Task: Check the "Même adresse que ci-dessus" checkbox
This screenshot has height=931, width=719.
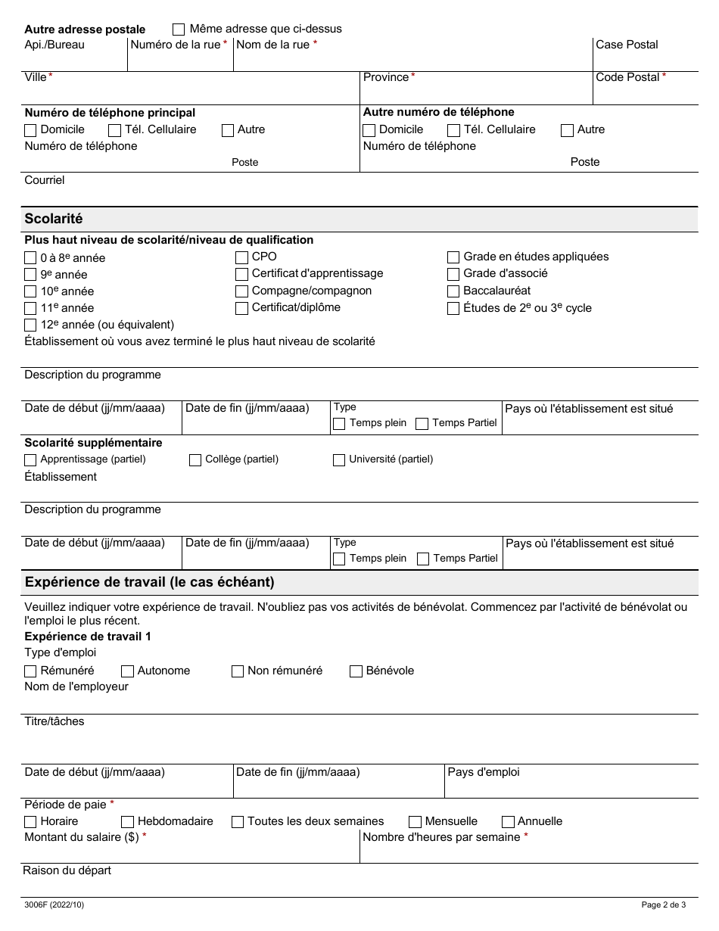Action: [x=179, y=30]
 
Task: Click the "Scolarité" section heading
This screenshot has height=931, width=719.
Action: [x=54, y=219]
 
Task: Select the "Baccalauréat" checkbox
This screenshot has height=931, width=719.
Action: [x=453, y=291]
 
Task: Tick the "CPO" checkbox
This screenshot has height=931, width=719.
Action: [x=241, y=257]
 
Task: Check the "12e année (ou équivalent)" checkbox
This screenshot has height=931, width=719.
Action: [x=30, y=325]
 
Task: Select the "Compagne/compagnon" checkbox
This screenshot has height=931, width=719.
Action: [x=241, y=291]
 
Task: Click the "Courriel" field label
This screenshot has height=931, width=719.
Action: [x=45, y=180]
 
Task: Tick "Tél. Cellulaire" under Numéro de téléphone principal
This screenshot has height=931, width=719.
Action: [x=114, y=130]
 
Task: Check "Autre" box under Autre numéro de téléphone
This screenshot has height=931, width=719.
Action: [x=567, y=130]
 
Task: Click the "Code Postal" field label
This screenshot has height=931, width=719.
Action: [x=627, y=77]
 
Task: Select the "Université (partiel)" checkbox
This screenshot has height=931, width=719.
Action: [x=339, y=460]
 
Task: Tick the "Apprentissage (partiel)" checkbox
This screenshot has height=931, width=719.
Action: [x=30, y=460]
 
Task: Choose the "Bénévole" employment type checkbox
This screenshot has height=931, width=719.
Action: [x=356, y=671]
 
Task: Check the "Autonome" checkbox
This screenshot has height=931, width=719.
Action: [x=127, y=671]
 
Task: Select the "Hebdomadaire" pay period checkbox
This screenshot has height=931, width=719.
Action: [x=127, y=822]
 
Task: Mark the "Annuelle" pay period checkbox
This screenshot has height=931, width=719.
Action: [x=508, y=822]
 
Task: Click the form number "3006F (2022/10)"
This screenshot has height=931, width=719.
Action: [x=54, y=905]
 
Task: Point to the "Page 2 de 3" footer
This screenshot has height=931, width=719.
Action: [x=663, y=905]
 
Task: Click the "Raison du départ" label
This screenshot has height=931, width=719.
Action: [x=67, y=870]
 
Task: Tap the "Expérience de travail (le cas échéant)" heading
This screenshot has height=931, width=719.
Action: [x=150, y=582]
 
